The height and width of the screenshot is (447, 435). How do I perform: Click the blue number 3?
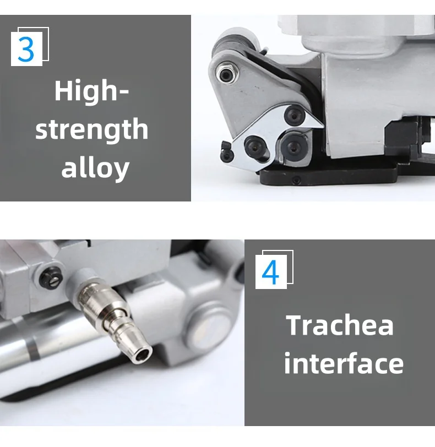26,48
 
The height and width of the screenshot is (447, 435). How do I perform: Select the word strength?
91,130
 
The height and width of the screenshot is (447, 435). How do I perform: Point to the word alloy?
95,167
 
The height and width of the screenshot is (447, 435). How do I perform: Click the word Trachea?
340,325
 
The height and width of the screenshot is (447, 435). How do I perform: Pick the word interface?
344,364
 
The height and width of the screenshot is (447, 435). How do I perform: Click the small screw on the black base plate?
297,181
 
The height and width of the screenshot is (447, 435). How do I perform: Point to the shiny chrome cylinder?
39,352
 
